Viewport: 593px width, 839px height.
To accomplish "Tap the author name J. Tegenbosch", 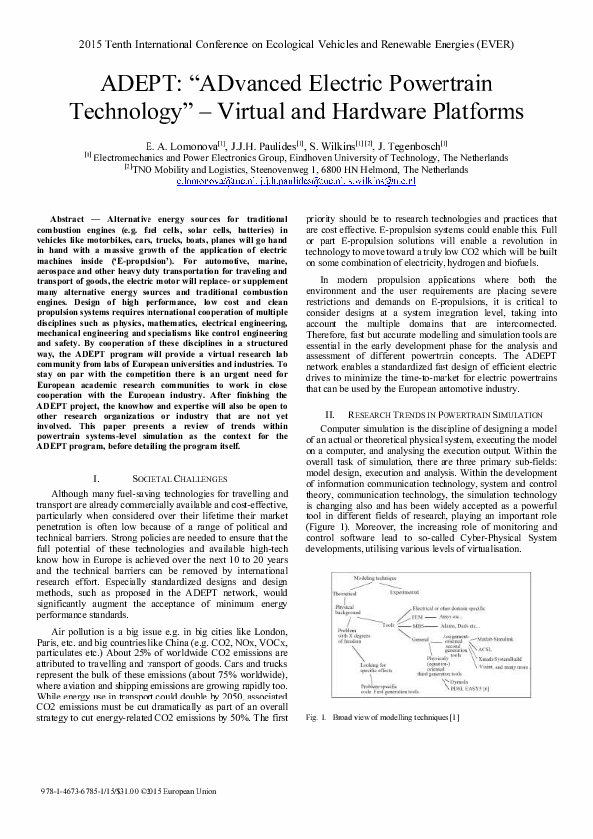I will pos(410,143).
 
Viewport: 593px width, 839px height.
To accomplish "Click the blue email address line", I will pos(296,182).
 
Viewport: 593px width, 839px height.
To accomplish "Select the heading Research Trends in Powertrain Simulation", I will pos(443,414).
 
